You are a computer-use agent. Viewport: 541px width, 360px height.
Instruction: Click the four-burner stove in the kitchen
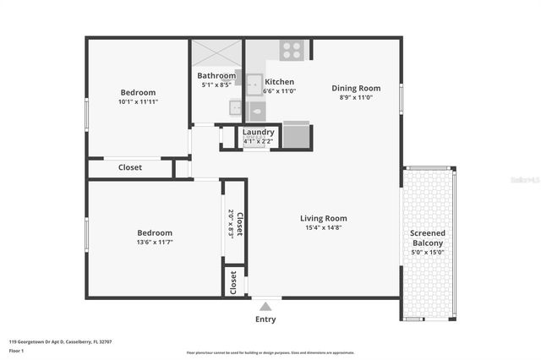coord(292,51)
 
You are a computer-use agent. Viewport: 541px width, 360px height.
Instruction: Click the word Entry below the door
coord(265,319)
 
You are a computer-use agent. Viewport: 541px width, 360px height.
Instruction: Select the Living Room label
coord(324,218)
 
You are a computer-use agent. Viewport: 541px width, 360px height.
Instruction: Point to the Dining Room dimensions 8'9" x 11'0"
coord(355,97)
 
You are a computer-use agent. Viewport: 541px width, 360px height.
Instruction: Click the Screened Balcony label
coord(427,238)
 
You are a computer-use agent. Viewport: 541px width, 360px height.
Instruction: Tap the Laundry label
coord(258,132)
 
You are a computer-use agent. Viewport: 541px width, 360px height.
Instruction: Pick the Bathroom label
coord(216,75)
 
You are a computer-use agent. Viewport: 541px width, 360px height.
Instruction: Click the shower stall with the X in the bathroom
coord(217,52)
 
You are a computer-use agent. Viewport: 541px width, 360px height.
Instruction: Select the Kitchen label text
coord(279,82)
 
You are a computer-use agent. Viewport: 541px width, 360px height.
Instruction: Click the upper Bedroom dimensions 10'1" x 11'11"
coord(138,101)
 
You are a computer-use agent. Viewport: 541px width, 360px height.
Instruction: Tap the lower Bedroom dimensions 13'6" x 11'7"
coord(155,243)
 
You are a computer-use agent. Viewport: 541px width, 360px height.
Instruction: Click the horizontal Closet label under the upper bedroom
coord(129,167)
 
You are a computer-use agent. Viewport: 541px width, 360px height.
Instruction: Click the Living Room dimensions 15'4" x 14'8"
coord(324,227)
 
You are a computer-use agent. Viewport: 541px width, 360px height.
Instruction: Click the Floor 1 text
coord(18,350)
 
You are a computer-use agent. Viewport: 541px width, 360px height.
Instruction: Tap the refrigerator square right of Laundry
coord(296,135)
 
